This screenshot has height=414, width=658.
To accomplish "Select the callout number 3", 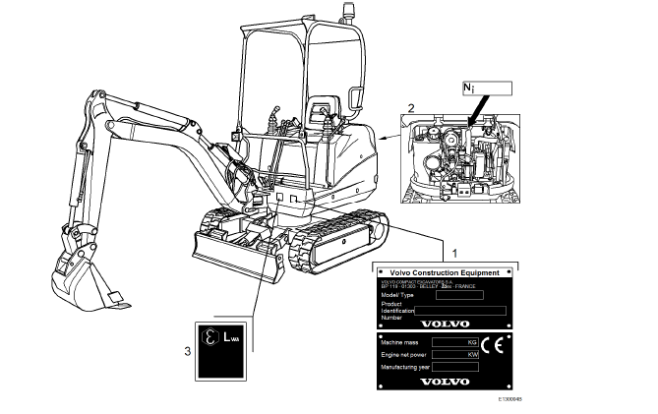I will pos(188,348).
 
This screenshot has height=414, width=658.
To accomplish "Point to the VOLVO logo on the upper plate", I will pos(440,323).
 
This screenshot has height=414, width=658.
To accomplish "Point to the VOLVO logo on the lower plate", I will pos(440,383).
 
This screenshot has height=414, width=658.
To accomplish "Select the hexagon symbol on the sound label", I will pos(209,337).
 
